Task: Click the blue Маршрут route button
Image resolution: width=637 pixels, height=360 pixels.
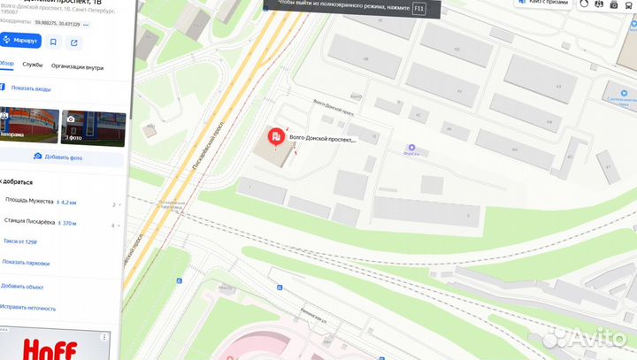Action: click(x=21, y=41)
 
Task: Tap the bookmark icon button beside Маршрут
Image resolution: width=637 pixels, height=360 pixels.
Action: click(x=54, y=41)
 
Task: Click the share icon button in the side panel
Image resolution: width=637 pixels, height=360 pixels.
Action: click(x=73, y=41)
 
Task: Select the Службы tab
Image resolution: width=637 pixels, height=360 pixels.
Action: click(x=33, y=65)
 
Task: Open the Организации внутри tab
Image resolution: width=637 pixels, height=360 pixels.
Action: click(x=77, y=66)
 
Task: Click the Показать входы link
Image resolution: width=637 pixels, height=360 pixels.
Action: click(x=31, y=88)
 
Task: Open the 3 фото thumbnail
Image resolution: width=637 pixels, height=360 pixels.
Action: click(x=92, y=127)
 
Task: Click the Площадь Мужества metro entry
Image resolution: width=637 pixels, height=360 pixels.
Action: click(x=29, y=202)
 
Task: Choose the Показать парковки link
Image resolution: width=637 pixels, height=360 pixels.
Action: click(x=25, y=263)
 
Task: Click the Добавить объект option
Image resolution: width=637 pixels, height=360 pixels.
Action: click(x=22, y=287)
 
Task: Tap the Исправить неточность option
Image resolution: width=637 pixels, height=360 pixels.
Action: click(x=28, y=308)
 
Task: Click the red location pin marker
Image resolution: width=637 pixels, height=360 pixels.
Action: click(x=276, y=137)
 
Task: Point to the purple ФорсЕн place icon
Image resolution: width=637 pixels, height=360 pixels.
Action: click(x=410, y=148)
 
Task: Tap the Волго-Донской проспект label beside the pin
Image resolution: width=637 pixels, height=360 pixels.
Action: click(x=323, y=139)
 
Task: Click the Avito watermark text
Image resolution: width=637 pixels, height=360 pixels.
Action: click(x=587, y=337)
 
